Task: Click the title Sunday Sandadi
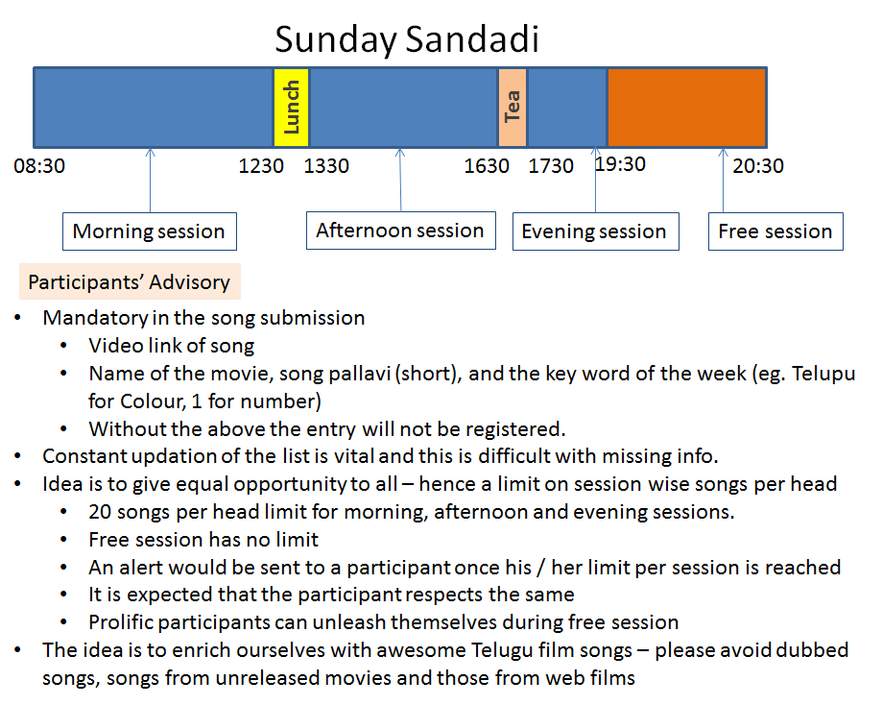pyautogui.click(x=407, y=39)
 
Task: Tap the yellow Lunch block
pyautogui.click(x=291, y=107)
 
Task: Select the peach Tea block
pyautogui.click(x=513, y=107)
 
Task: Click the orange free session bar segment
pyautogui.click(x=686, y=107)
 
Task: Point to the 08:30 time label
pyautogui.click(x=39, y=166)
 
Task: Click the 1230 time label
pyautogui.click(x=261, y=166)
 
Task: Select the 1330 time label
pyautogui.click(x=326, y=166)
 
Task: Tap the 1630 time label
pyautogui.click(x=487, y=166)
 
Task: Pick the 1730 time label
pyautogui.click(x=551, y=166)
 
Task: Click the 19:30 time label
pyautogui.click(x=620, y=164)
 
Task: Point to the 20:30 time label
pyautogui.click(x=758, y=166)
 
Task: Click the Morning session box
pyautogui.click(x=149, y=231)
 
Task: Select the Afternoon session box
pyautogui.click(x=400, y=231)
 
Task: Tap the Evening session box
pyautogui.click(x=594, y=231)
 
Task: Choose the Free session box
pyautogui.click(x=775, y=231)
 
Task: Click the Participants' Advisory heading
pyautogui.click(x=130, y=282)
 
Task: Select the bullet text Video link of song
pyautogui.click(x=172, y=346)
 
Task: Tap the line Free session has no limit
pyautogui.click(x=203, y=540)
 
